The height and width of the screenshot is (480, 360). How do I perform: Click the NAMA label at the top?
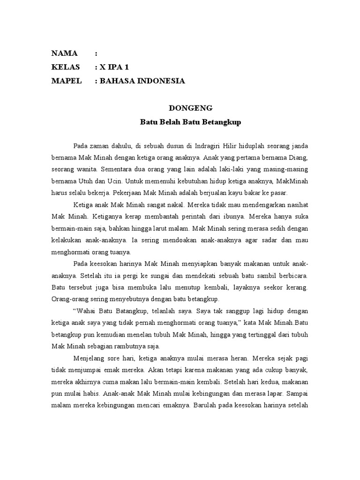click(x=64, y=53)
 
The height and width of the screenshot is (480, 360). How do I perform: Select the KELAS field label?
click(x=66, y=67)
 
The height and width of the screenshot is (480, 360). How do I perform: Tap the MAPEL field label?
click(x=67, y=81)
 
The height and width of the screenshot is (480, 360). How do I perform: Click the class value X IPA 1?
click(x=115, y=67)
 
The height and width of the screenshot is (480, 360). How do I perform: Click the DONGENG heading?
click(x=190, y=108)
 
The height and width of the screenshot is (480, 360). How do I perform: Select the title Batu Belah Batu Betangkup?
click(x=190, y=122)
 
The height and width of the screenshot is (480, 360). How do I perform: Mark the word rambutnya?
click(x=132, y=347)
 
